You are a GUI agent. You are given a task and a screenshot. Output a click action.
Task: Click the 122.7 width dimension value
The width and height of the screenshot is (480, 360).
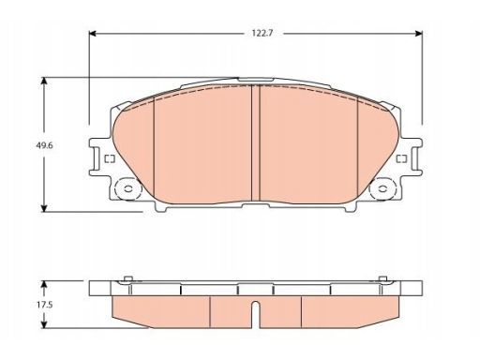coord(262,33)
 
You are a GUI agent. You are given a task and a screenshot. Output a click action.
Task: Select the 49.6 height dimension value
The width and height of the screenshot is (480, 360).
coord(44,145)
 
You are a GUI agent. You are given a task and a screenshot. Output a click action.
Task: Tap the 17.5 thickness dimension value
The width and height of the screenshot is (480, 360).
coord(44,305)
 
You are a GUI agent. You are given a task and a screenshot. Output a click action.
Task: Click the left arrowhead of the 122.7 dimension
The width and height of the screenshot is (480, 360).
coord(93,34)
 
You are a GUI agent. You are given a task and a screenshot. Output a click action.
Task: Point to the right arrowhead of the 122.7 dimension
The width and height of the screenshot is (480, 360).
coord(419,34)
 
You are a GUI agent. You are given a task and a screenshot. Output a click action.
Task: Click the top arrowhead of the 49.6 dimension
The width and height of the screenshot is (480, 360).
coord(44,81)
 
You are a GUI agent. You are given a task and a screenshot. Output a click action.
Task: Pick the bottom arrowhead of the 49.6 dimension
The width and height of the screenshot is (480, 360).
coord(44,208)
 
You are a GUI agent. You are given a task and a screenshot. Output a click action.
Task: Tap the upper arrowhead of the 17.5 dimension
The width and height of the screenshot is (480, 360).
coord(44,284)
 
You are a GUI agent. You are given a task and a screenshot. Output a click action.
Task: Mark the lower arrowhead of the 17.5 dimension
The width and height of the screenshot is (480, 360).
coord(44,325)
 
